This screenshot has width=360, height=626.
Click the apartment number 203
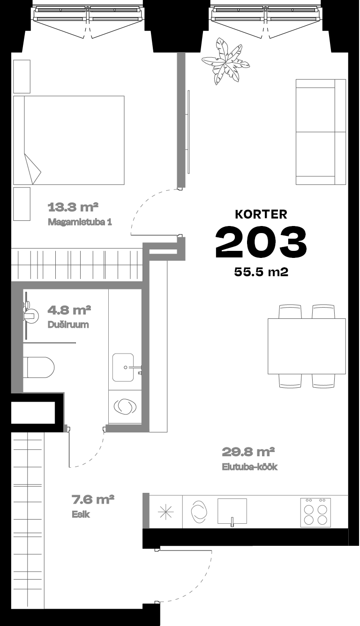click(x=261, y=242)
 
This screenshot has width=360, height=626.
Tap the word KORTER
click(x=261, y=214)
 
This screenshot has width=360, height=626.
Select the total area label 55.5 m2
click(x=261, y=272)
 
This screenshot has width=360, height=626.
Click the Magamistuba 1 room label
click(x=80, y=222)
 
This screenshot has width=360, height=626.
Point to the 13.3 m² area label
click(x=73, y=207)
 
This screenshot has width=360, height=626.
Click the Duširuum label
click(x=68, y=324)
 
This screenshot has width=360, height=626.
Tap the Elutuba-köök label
click(x=250, y=467)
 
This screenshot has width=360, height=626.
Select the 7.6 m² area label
click(x=93, y=499)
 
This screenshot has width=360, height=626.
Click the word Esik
click(x=81, y=514)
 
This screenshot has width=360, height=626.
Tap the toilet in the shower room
click(x=38, y=367)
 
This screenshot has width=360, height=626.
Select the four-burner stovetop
click(x=315, y=513)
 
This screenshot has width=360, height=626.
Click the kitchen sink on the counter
click(x=232, y=512)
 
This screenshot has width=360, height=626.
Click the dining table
click(x=307, y=346)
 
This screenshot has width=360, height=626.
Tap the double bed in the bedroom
click(x=69, y=140)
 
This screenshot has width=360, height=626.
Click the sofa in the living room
click(x=321, y=132)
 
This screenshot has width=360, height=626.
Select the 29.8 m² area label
click(x=248, y=452)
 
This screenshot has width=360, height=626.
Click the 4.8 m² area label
click(x=69, y=309)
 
